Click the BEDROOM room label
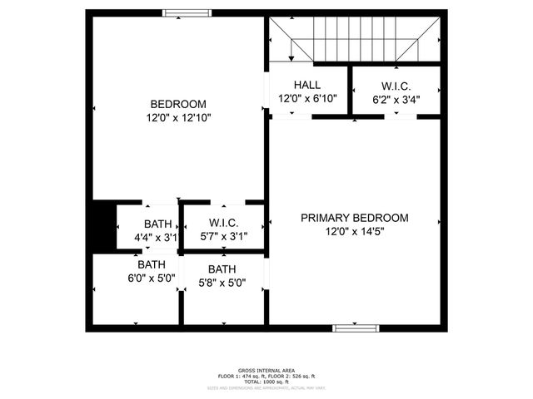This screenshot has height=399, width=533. click(178, 104)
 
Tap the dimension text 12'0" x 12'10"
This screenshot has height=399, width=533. click(178, 118)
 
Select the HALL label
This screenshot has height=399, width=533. click(306, 86)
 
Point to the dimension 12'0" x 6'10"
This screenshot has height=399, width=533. click(306, 99)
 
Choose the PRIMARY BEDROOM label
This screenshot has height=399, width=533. click(355, 218)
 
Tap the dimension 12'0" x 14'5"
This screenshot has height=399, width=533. click(355, 232)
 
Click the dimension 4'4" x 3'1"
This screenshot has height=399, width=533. click(157, 238)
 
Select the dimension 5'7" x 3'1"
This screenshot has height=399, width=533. click(224, 238)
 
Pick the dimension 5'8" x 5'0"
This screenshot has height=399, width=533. click(222, 283)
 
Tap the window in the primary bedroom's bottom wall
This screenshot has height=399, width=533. click(353, 328)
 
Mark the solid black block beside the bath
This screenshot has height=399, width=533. click(103, 225)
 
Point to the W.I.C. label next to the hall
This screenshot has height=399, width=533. click(396, 86)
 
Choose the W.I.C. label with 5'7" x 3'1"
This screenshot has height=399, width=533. click(224, 224)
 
